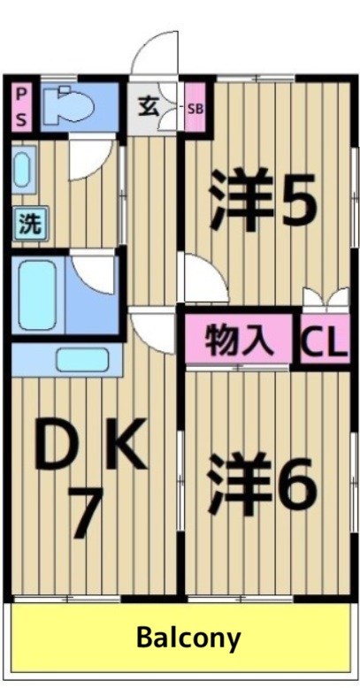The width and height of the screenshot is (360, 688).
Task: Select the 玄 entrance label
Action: point(147,105)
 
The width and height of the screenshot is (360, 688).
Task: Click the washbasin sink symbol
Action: point(22,168)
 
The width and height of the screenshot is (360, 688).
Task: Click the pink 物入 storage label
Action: point(237,339)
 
